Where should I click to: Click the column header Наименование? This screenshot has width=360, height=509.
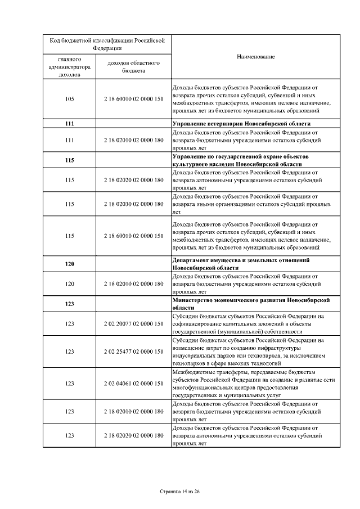click(255, 57)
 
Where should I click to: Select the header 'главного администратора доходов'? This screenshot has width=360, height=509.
click(70, 66)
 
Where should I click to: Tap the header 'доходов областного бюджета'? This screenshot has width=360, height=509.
click(133, 66)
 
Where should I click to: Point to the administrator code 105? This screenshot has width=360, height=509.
click(70, 99)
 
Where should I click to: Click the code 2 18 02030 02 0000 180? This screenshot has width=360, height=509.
click(133, 204)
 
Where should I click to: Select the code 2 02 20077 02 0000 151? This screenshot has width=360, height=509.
click(133, 324)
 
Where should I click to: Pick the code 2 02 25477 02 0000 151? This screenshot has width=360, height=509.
click(133, 352)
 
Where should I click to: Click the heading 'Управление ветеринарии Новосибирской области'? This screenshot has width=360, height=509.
click(241, 123)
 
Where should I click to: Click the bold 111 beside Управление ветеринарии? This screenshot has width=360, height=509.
click(70, 123)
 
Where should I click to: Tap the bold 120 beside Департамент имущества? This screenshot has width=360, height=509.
click(70, 264)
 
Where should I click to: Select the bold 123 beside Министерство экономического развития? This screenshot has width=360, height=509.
click(70, 304)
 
